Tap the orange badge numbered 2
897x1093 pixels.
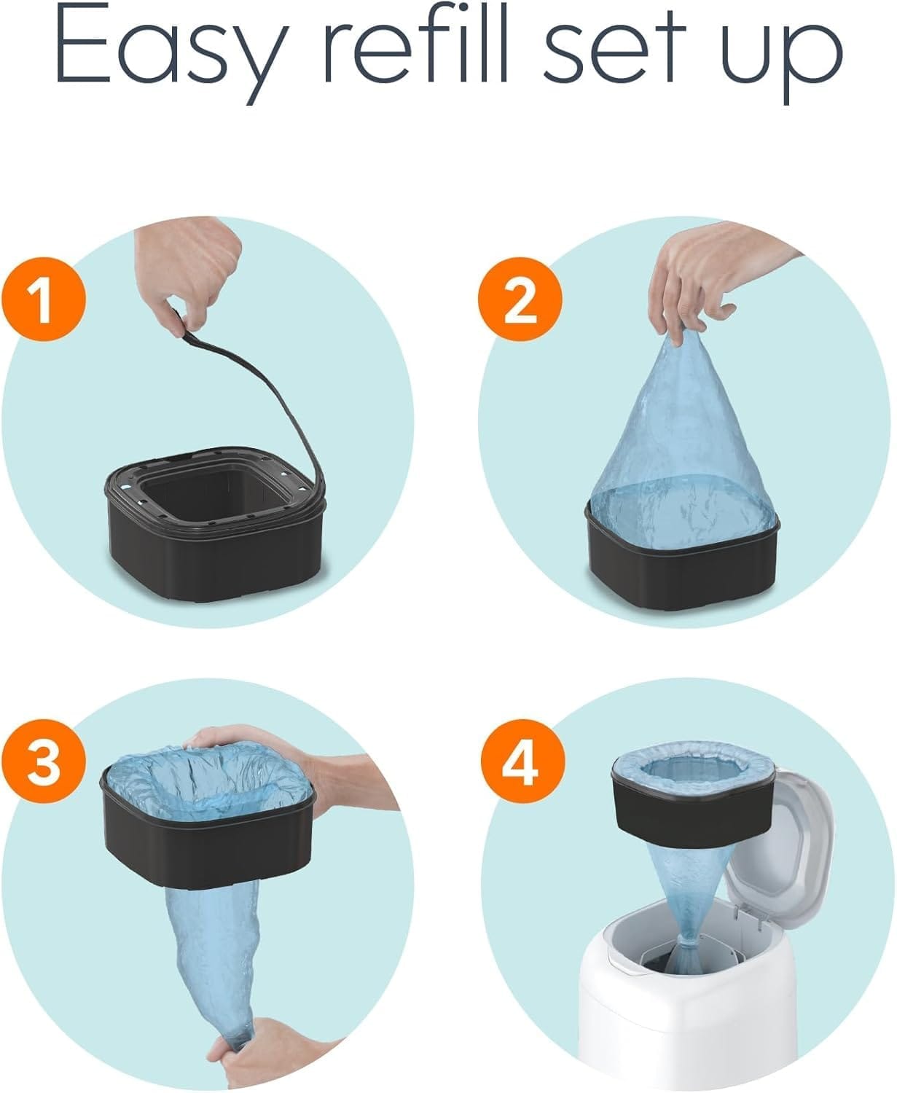tap(520, 300)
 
